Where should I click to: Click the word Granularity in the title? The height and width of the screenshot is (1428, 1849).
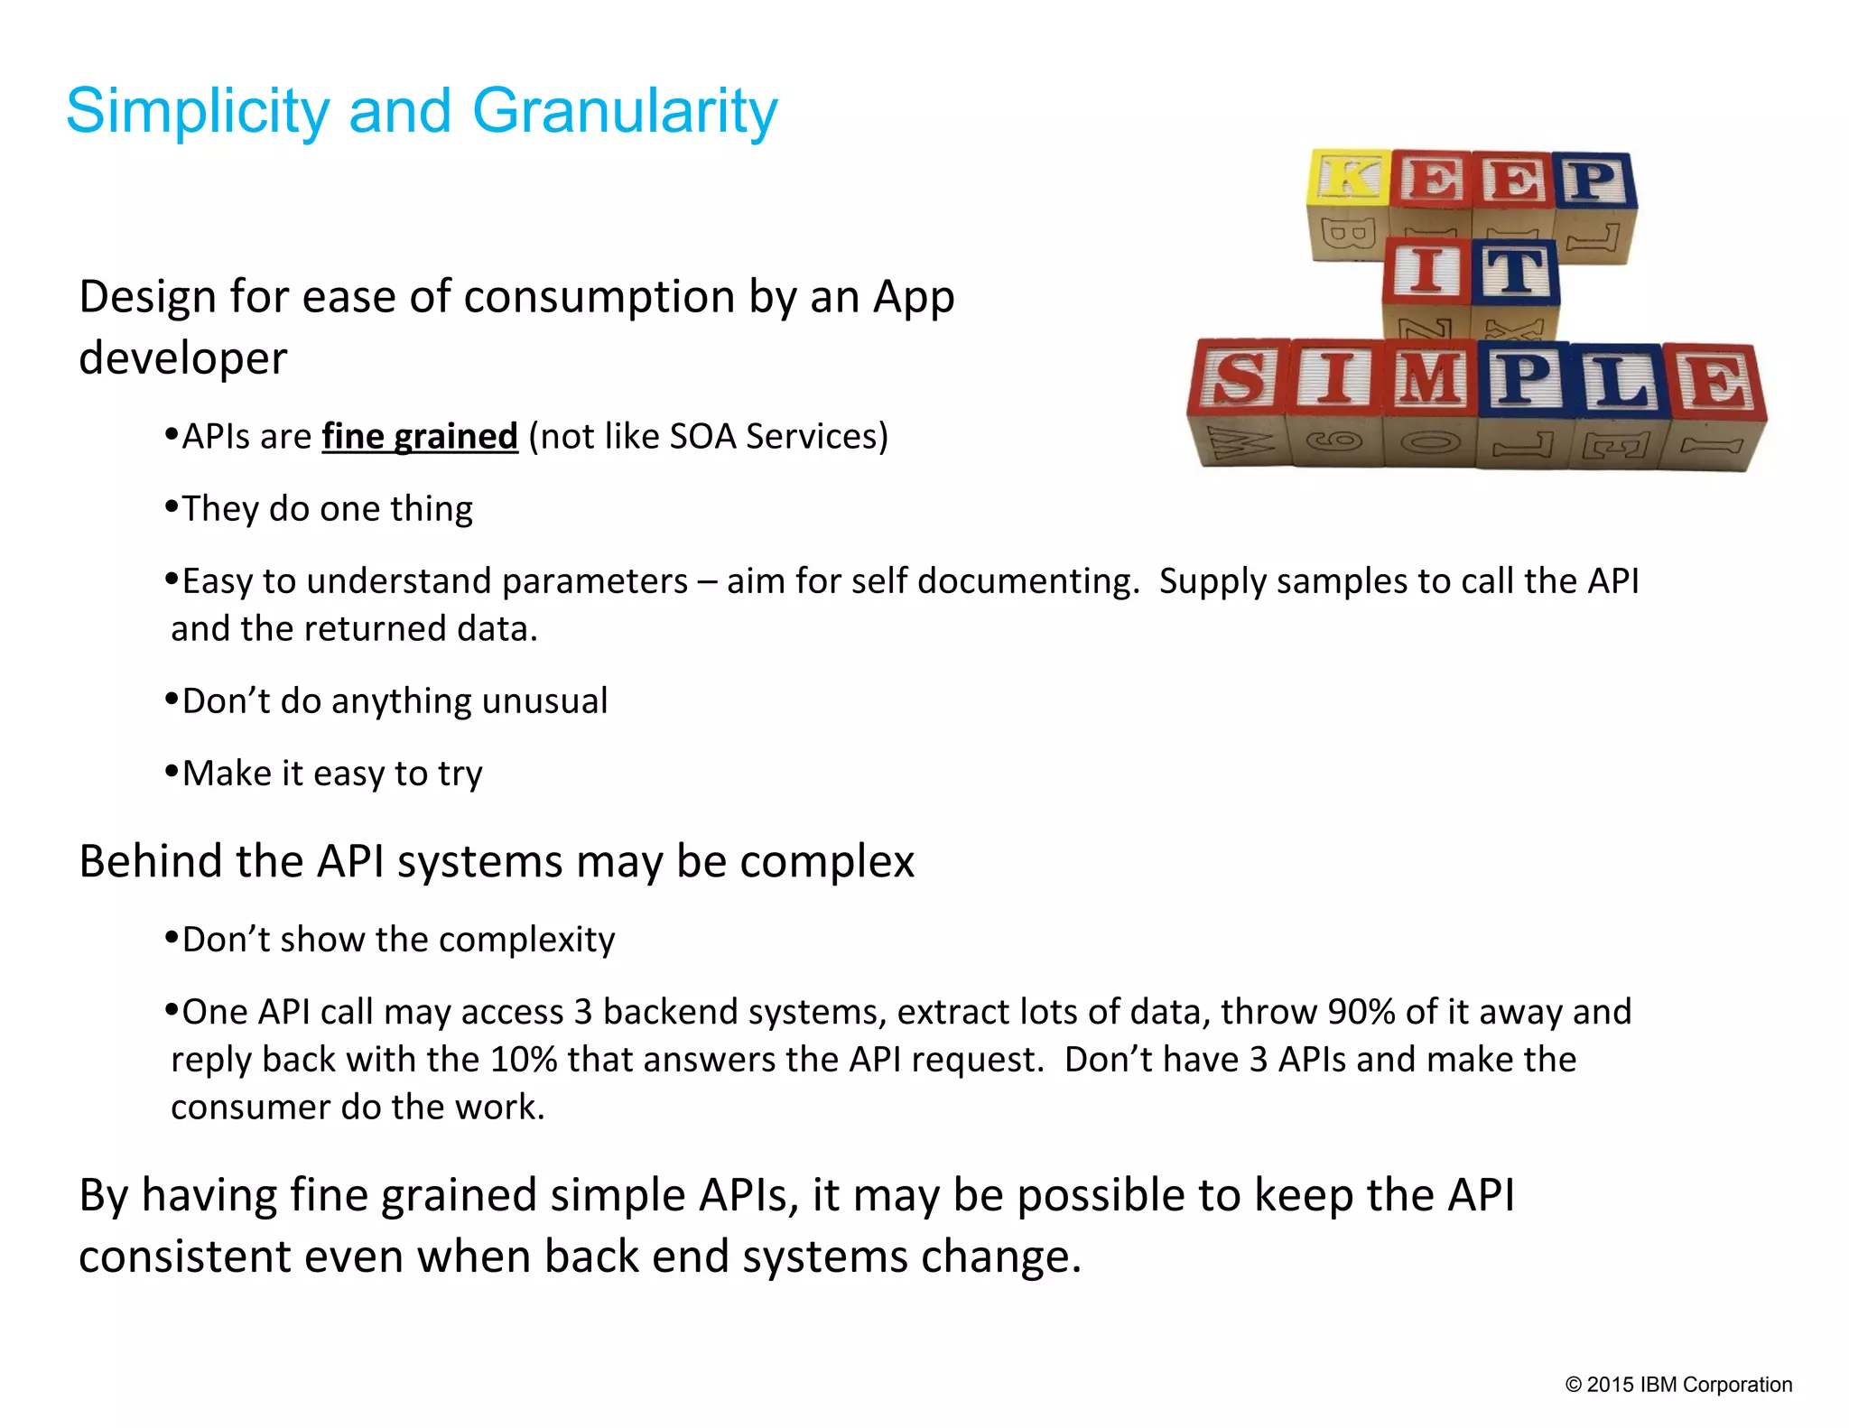(624, 112)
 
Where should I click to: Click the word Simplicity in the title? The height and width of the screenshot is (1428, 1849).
(198, 112)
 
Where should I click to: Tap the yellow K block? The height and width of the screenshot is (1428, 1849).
(1348, 178)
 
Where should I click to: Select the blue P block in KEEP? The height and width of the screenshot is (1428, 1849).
(1595, 181)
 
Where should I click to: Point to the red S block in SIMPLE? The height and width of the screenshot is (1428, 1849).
(1240, 378)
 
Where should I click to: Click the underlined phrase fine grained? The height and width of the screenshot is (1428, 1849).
(420, 437)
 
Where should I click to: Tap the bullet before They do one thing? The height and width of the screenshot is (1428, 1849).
(172, 507)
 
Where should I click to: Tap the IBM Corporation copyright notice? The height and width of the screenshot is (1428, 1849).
(1678, 1385)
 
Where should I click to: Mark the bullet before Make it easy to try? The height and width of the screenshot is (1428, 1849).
(172, 772)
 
